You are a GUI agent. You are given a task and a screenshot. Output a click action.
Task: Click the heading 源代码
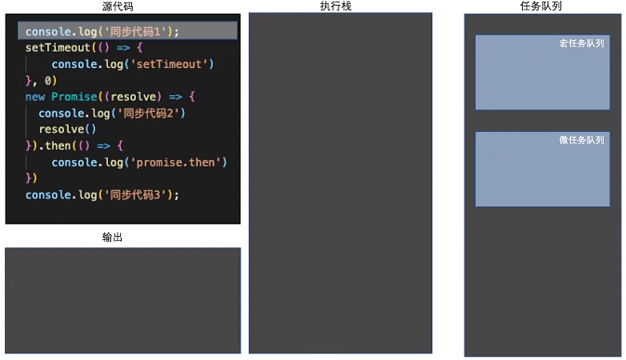[x=122, y=6]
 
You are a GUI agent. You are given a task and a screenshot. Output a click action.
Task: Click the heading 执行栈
[x=340, y=6]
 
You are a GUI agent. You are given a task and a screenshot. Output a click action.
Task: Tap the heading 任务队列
[x=541, y=6]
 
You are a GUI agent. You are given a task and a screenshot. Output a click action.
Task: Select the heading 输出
[x=113, y=238]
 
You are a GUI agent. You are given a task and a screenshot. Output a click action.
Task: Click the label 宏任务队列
[x=581, y=43]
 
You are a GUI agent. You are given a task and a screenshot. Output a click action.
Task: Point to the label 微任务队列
[x=581, y=140]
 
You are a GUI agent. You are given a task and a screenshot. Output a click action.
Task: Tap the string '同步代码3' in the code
[x=136, y=194]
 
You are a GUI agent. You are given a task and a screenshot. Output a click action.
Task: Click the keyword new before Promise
[x=35, y=97]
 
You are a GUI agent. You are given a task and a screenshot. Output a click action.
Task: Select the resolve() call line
[x=67, y=130]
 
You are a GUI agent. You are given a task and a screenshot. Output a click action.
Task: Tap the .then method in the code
[x=58, y=146]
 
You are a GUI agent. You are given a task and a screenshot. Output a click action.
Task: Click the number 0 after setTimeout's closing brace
[x=48, y=81]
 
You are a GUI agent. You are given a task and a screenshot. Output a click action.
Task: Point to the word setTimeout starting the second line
[x=58, y=48]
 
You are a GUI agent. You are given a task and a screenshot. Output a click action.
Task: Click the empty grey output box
[x=122, y=300]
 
